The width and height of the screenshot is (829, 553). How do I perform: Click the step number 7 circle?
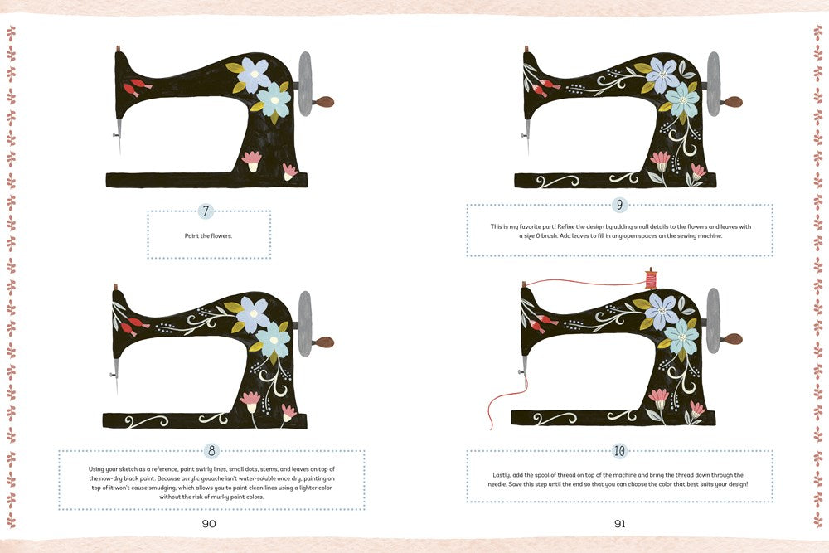[x=206, y=211]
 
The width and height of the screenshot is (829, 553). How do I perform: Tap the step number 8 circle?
[x=211, y=451]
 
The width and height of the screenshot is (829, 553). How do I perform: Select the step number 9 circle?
[x=619, y=205]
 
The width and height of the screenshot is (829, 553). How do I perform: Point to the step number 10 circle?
[x=619, y=451]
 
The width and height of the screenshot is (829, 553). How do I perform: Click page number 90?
[x=209, y=523]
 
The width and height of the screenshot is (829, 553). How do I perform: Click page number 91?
[x=619, y=523]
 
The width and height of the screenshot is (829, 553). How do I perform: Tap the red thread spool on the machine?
[x=651, y=279]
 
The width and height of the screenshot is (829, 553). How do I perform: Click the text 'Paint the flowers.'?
[x=208, y=235]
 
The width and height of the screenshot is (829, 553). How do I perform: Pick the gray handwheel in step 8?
[x=305, y=323]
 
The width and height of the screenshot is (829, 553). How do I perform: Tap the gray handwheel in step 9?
[x=713, y=84]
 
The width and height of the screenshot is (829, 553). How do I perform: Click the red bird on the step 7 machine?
[x=137, y=88]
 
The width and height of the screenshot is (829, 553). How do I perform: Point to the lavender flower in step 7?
[x=254, y=75]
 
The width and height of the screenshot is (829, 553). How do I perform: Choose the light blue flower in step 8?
[x=274, y=339]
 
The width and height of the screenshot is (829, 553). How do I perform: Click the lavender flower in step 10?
[x=662, y=312]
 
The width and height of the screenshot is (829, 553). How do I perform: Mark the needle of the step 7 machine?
[x=119, y=137]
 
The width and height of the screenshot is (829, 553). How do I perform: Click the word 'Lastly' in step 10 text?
[x=502, y=475]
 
